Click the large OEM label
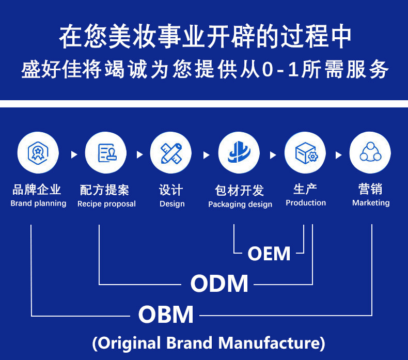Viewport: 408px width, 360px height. click(269, 254)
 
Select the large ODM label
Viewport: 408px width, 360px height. click(219, 284)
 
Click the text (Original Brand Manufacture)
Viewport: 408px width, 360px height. click(208, 343)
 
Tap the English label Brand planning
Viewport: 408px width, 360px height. click(38, 204)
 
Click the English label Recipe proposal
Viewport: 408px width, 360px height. click(106, 204)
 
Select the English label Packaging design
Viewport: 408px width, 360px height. click(240, 205)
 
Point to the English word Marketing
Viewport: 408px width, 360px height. click(371, 203)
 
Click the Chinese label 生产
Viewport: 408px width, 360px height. click(305, 189)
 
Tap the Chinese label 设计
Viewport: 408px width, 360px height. click(171, 190)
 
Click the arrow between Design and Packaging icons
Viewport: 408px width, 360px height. click(206, 154)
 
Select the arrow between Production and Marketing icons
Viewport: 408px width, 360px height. click(338, 154)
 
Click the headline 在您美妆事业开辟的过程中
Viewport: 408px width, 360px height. click(205, 37)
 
